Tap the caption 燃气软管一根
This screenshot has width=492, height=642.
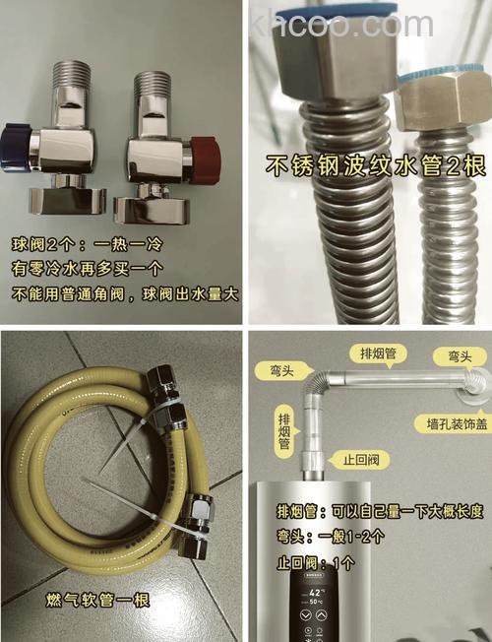click(97, 599)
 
